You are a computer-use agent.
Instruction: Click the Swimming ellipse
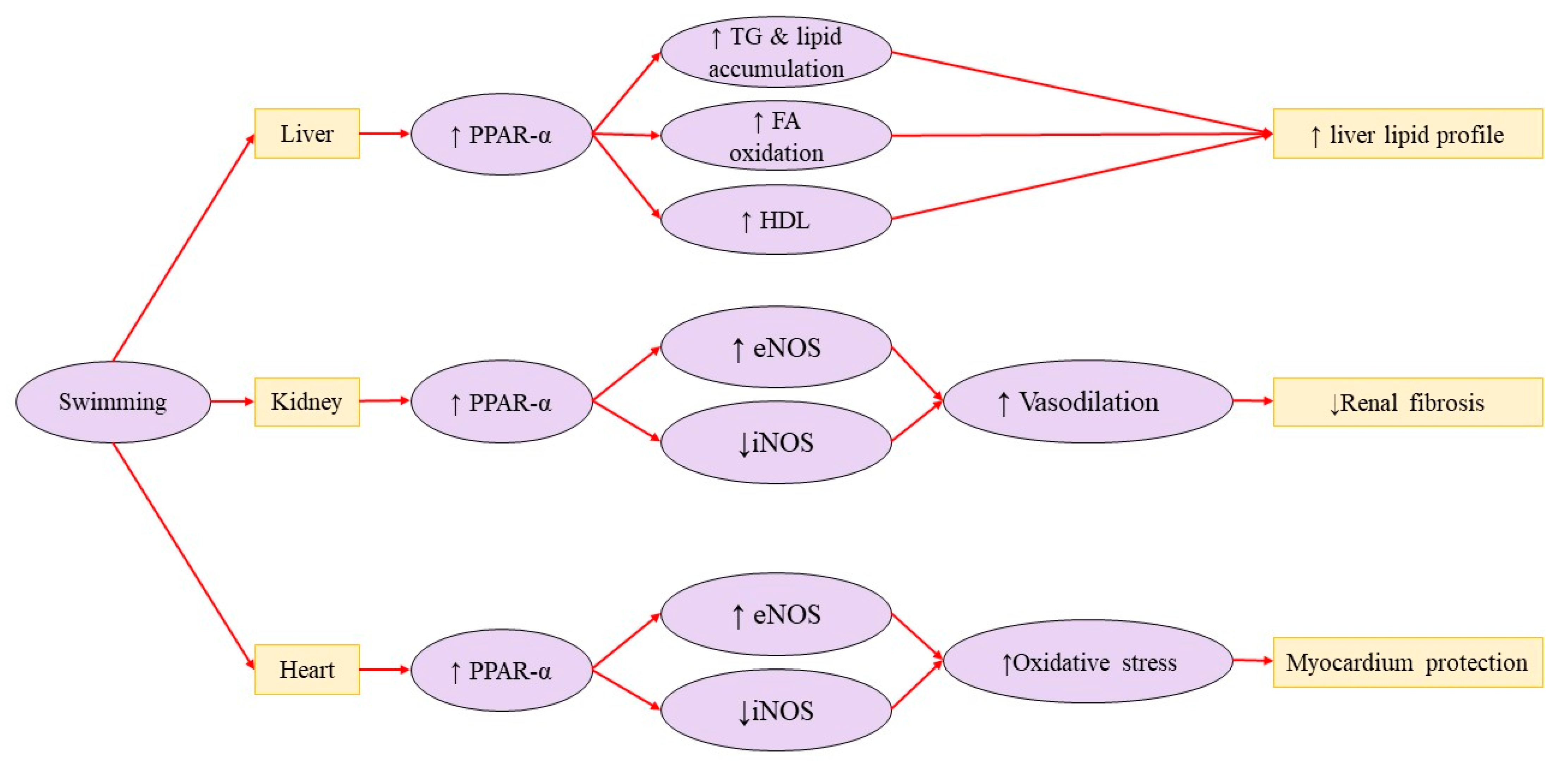(113, 401)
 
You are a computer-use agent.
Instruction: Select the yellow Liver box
(307, 134)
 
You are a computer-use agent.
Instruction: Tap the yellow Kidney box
(307, 401)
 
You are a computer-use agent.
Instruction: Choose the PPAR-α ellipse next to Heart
(501, 670)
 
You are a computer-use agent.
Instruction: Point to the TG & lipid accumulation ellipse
(776, 52)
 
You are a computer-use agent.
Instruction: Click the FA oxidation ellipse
(776, 135)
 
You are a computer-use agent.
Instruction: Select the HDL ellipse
(776, 220)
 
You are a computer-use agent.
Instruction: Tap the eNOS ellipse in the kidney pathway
(776, 347)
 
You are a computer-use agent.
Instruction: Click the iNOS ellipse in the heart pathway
(776, 710)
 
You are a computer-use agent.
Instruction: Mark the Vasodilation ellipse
(1088, 401)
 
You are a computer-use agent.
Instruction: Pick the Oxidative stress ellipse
(1088, 662)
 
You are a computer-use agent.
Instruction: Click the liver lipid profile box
(1408, 134)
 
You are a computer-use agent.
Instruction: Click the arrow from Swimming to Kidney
(232, 401)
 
